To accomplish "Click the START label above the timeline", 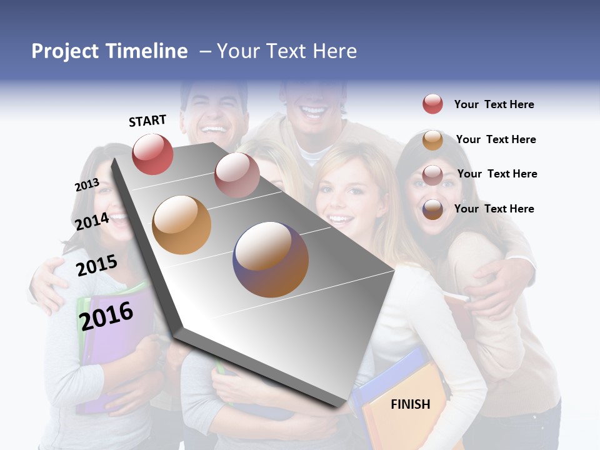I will [x=147, y=121].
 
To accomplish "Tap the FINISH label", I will [x=410, y=404].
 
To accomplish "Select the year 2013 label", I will [x=87, y=185].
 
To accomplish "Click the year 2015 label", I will [x=97, y=266].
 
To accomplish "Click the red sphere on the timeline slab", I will [x=152, y=154].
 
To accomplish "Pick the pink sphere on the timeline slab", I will [x=237, y=174].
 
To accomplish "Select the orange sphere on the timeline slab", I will [x=182, y=224].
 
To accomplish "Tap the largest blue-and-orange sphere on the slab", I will [x=271, y=259].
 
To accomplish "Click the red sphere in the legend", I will [x=432, y=104].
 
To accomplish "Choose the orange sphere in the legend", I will [x=432, y=140].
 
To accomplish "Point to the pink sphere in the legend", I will [x=432, y=175].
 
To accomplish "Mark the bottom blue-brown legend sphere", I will [x=432, y=209].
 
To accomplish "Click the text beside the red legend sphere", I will [x=494, y=104].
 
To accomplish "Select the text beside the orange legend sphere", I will [x=496, y=139].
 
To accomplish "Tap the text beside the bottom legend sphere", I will [x=494, y=209].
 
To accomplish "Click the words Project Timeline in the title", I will [x=109, y=51].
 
